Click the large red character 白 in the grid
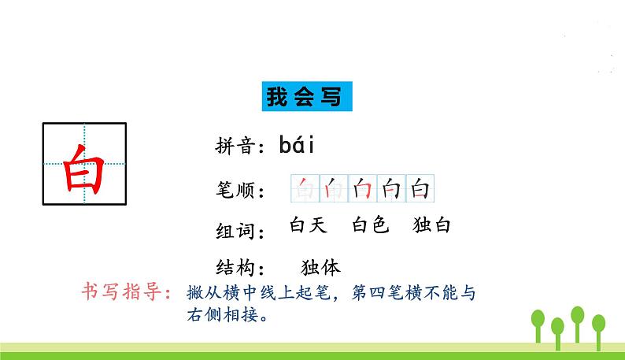tap(83, 166)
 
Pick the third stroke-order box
tap(363, 189)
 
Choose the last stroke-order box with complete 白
tap(420, 189)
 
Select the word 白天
tap(307, 225)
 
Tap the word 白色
tap(370, 225)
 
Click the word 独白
tap(431, 225)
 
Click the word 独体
tap(320, 266)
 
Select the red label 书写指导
tap(126, 291)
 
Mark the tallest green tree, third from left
tap(579, 315)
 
